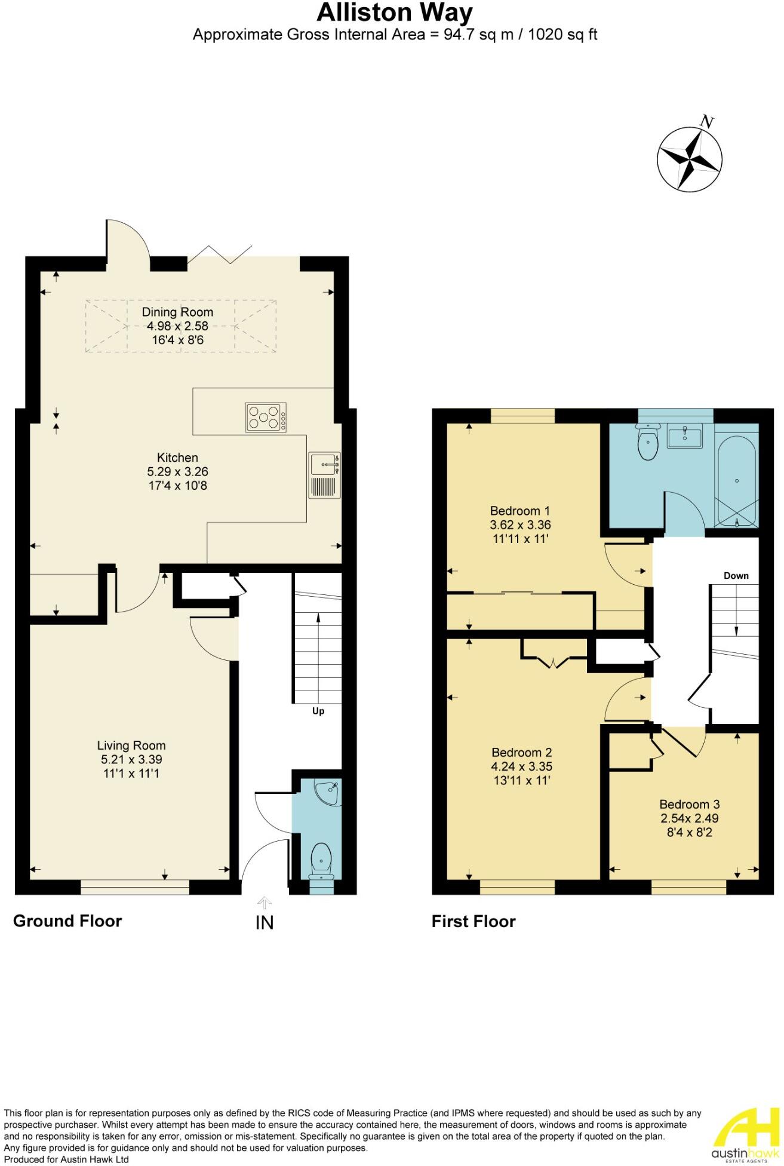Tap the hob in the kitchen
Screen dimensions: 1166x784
coord(266,418)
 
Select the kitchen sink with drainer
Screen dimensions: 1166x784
coord(325,475)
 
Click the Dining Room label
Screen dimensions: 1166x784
coord(177,312)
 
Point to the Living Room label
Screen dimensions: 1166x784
coord(131,745)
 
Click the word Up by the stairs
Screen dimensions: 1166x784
coord(318,711)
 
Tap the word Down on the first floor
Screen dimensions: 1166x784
coord(736,576)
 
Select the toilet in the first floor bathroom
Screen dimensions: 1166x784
coord(647,443)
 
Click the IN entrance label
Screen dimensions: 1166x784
coord(265,923)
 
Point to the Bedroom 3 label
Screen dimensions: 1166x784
coord(689,804)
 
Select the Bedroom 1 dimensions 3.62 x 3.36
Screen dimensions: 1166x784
coord(520,525)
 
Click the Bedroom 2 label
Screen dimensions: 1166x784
coord(521,753)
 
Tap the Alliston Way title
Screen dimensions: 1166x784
coord(395,13)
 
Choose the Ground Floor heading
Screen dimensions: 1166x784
coord(67,921)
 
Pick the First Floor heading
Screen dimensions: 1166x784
coord(474,921)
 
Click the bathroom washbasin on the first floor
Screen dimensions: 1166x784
coord(685,437)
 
